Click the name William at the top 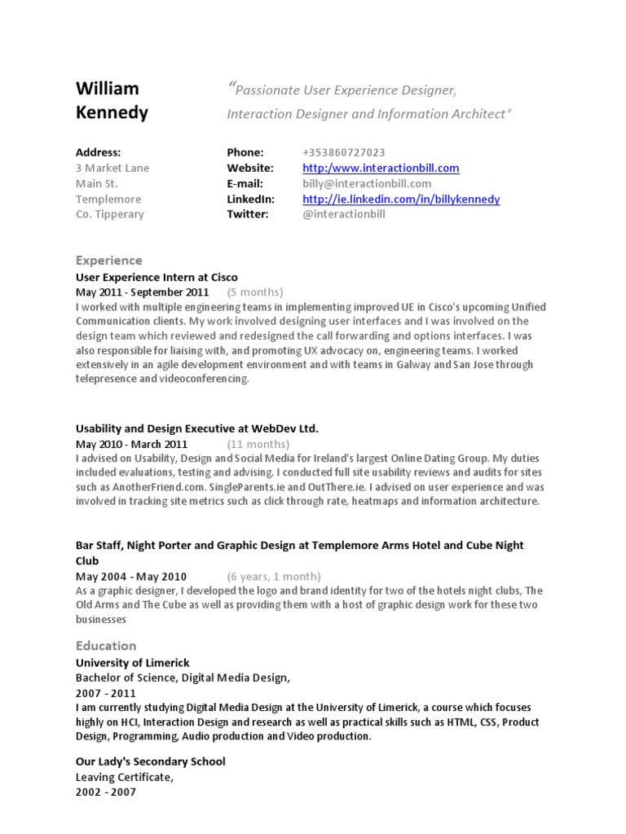click(x=108, y=88)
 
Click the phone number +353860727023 click(x=343, y=152)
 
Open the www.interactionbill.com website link click(x=381, y=168)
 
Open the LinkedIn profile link click(x=401, y=199)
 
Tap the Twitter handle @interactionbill click(x=343, y=214)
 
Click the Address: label click(x=98, y=152)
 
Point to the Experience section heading click(x=108, y=261)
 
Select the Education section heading click(x=106, y=646)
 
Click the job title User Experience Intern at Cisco click(x=156, y=277)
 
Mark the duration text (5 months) click(x=255, y=292)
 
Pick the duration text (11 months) click(x=258, y=444)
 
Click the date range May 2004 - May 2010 click(x=131, y=576)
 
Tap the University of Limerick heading click(x=132, y=663)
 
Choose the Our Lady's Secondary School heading click(x=151, y=762)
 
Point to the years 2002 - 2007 click(x=106, y=792)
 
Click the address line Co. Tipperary click(x=110, y=214)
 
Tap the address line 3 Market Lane click(x=112, y=168)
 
